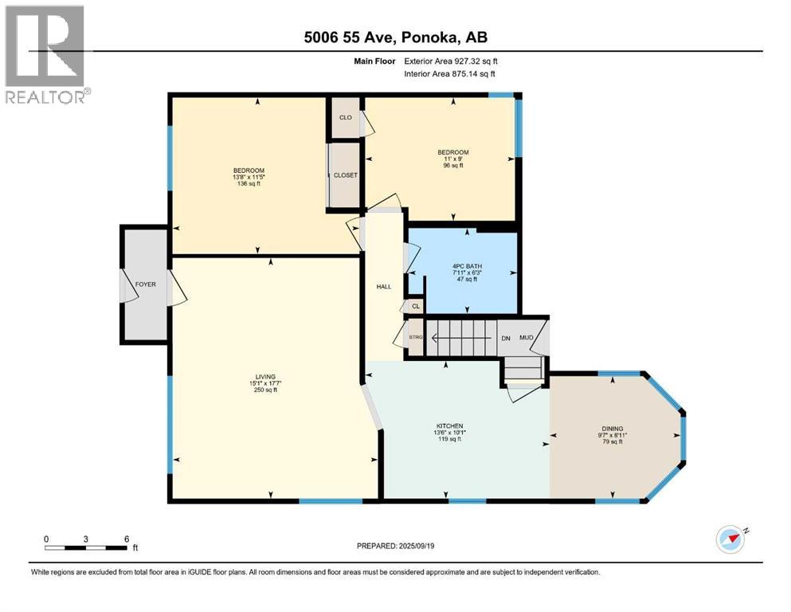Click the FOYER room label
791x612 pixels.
coord(145,284)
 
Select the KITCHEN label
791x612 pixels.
coord(448,426)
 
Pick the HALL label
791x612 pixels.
coord(383,287)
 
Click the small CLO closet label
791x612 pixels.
coord(346,117)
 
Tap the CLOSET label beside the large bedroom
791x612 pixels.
coord(346,175)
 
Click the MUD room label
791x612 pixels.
coord(527,337)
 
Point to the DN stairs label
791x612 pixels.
coord(505,337)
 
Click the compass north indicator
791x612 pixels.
coord(732,539)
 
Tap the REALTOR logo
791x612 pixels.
coord(46,56)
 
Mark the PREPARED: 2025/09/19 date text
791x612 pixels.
coord(397,546)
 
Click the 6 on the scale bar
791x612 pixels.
coord(126,538)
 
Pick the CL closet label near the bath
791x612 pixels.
coord(415,305)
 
